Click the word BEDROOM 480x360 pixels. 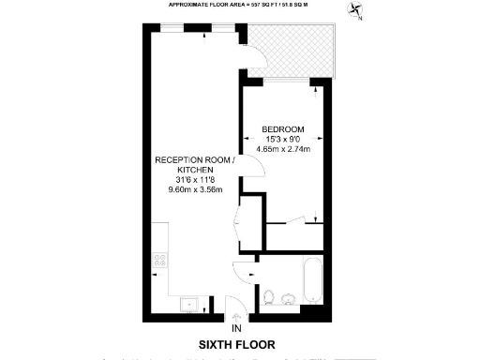[x=282, y=127]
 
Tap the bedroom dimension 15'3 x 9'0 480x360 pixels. [x=282, y=138]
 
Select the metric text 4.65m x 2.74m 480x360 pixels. [x=282, y=148]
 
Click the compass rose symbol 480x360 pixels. [x=355, y=11]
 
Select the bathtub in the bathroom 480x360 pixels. [x=310, y=282]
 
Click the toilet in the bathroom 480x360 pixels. [x=269, y=296]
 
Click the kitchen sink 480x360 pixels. [x=188, y=302]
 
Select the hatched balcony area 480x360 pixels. [x=296, y=52]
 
